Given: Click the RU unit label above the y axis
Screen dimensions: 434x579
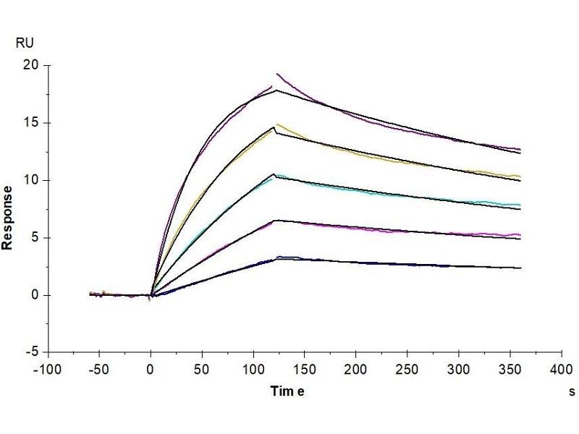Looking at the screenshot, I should (x=24, y=43).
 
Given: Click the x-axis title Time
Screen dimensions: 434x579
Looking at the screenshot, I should (x=287, y=391).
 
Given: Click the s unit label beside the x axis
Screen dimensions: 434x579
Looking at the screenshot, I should (x=572, y=391).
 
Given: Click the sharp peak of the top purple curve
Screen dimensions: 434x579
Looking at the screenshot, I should (x=276, y=74).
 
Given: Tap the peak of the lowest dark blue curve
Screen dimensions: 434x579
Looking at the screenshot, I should (x=279, y=257).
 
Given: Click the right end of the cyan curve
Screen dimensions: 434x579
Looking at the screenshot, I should (x=520, y=205).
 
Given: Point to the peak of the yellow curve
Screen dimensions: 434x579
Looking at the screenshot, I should (x=276, y=124).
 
